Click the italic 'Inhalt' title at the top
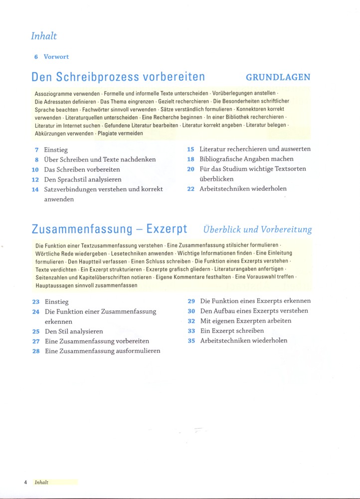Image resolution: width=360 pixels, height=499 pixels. [44, 36]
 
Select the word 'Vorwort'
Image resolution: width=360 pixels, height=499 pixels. [56, 57]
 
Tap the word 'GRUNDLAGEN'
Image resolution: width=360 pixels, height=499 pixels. [278, 77]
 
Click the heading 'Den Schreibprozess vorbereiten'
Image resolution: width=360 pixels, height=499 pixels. [118, 77]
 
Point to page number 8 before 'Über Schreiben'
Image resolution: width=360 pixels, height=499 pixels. [37, 160]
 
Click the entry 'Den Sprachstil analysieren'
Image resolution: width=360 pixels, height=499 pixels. [83, 179]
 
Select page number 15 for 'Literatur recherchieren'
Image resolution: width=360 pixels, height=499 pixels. [190, 149]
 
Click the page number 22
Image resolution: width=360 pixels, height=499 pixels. [190, 189]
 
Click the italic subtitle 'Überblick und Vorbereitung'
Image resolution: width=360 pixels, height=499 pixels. [257, 230]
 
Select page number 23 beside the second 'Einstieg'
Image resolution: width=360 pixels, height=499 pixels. [36, 302]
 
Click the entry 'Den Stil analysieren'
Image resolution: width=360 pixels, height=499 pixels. [74, 331]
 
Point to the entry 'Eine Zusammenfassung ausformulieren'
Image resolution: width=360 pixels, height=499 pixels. [103, 351]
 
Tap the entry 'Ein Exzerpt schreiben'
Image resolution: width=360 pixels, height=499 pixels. [232, 331]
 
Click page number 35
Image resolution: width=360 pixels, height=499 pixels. [191, 341]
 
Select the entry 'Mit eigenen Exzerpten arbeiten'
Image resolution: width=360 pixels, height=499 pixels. [246, 321]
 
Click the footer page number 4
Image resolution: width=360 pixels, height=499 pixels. [25, 483]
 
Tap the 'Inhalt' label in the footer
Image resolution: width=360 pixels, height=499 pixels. [41, 483]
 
